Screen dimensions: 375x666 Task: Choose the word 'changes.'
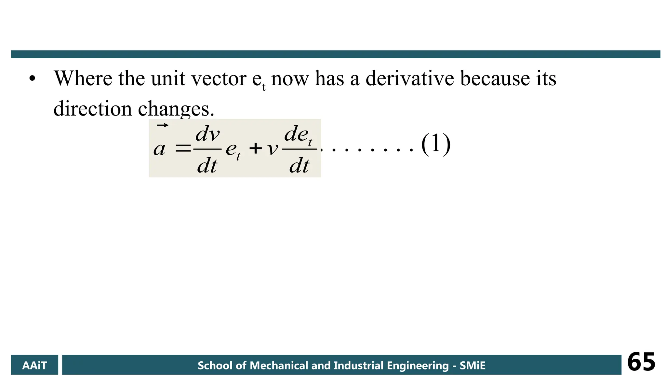tap(176, 109)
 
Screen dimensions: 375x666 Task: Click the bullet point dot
tap(32, 79)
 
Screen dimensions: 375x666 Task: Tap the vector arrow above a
tap(163, 125)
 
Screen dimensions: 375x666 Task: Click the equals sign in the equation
tap(183, 149)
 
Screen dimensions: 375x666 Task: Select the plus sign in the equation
tap(256, 149)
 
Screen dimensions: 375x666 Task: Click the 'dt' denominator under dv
tap(207, 165)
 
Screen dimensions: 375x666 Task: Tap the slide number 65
tap(641, 362)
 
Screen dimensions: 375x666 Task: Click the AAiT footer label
tap(34, 365)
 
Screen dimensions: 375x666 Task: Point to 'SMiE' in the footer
tap(473, 366)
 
